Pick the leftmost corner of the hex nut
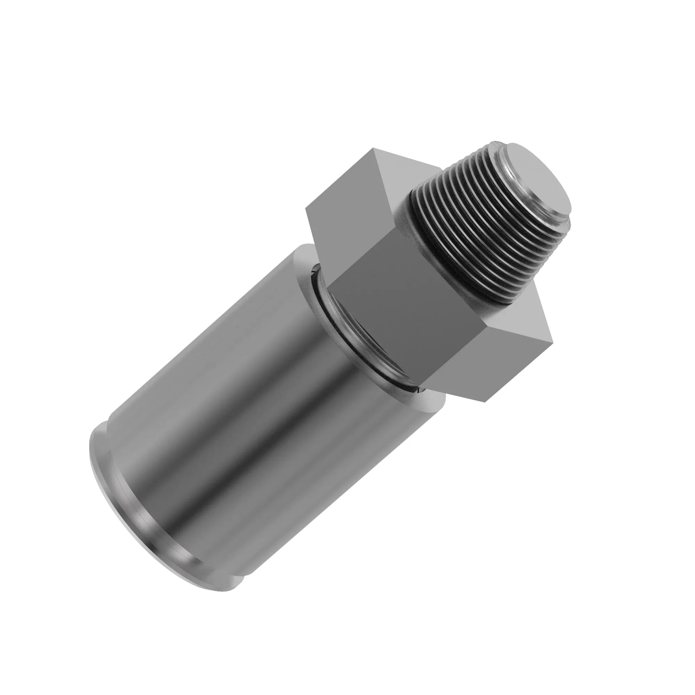[305, 208]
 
